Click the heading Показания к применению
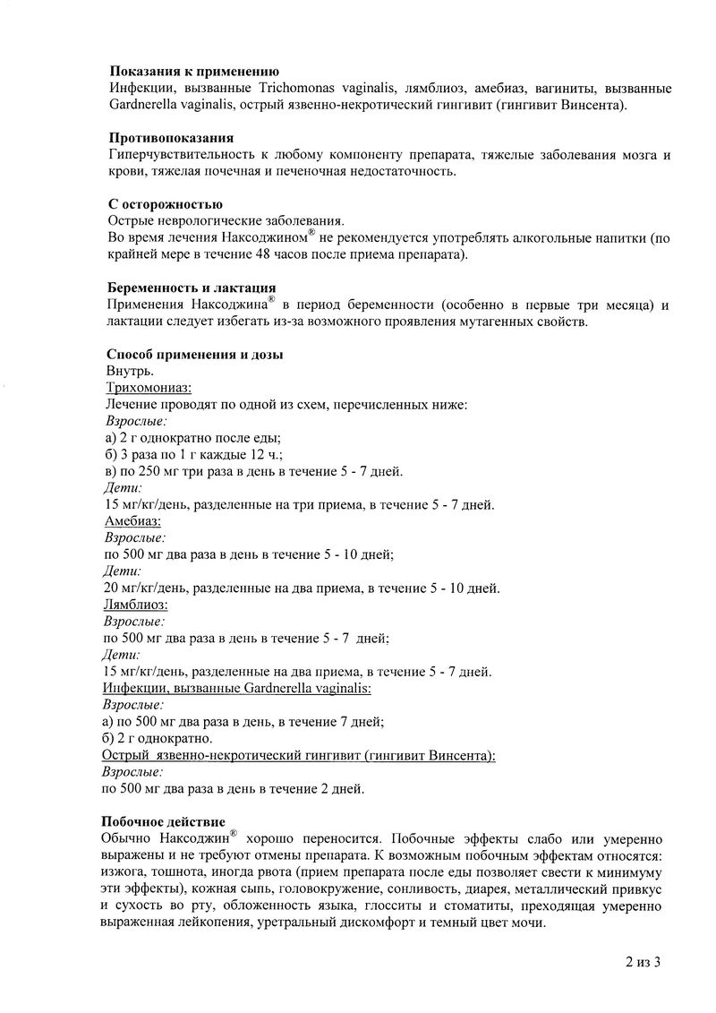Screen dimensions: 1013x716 [x=193, y=71]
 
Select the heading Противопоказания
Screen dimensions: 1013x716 [x=172, y=138]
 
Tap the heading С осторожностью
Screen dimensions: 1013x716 [x=165, y=204]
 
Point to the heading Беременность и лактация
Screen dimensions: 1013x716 [x=191, y=288]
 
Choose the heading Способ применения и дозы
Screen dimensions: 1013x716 [x=194, y=354]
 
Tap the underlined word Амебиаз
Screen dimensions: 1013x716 [x=133, y=520]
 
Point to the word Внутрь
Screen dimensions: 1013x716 [x=130, y=371]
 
